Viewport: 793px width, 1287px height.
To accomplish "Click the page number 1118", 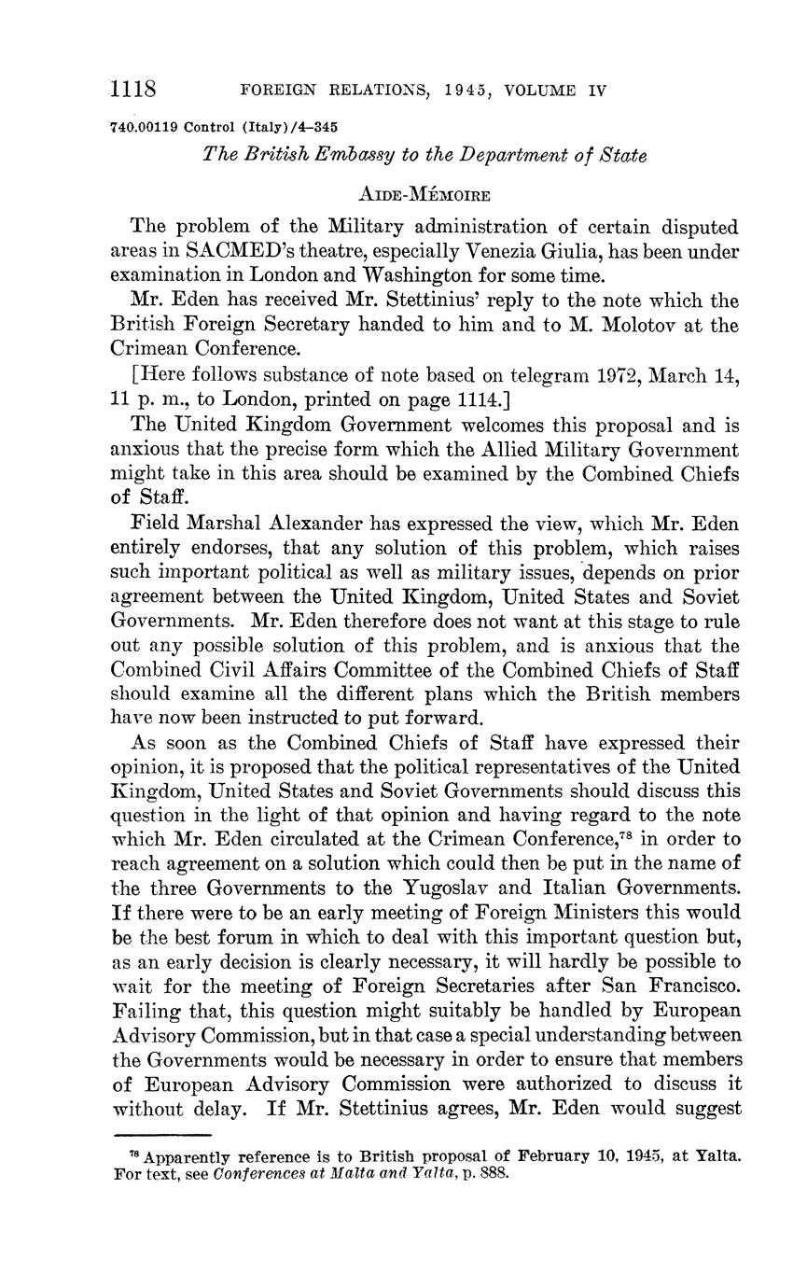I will [132, 90].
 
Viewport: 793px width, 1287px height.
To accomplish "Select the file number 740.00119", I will [145, 127].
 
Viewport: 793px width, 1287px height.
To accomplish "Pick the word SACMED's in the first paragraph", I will [245, 251].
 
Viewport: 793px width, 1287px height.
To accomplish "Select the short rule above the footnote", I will [161, 1135].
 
